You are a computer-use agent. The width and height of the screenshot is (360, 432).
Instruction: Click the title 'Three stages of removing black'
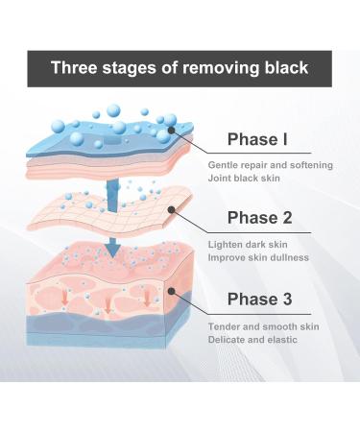[x=180, y=68]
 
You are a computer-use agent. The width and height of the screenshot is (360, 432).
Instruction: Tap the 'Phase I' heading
[x=256, y=140]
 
